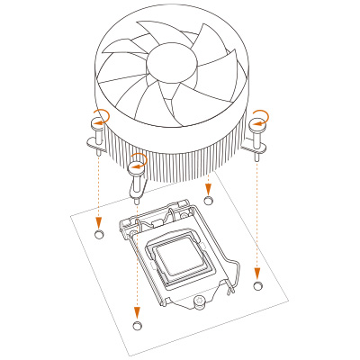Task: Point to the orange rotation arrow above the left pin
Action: point(101,115)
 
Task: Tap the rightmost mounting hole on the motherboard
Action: point(258,285)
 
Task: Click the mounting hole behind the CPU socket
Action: point(209,200)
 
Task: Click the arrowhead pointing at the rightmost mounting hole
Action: point(258,273)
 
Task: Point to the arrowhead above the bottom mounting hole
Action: point(137,311)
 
